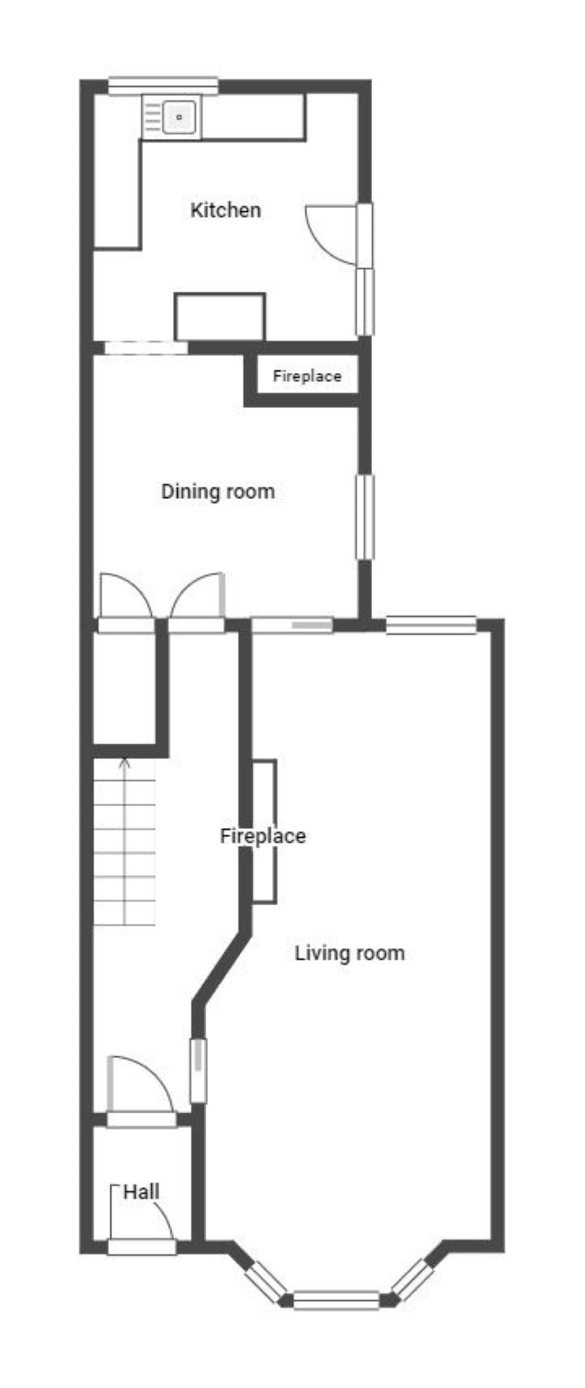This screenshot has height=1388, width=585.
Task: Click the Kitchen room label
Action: point(225,210)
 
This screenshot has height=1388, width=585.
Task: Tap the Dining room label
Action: point(217,492)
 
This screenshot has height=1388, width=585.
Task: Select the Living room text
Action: point(349,952)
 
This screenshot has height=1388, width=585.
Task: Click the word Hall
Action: point(141,1191)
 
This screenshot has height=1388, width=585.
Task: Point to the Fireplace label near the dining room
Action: point(307,376)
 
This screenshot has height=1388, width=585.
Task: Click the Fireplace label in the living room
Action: point(263,836)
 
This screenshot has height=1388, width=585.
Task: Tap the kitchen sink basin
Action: point(179,116)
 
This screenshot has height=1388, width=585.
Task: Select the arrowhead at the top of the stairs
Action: point(125,762)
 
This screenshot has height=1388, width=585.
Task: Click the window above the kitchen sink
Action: point(163,86)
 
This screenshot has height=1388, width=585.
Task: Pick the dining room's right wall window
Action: point(365,517)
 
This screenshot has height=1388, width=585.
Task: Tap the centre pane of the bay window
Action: point(336,1300)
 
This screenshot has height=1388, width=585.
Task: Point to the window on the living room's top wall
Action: point(431,625)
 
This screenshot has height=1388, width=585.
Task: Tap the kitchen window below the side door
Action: point(365,301)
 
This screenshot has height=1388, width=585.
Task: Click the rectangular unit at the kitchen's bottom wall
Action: point(220,316)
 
